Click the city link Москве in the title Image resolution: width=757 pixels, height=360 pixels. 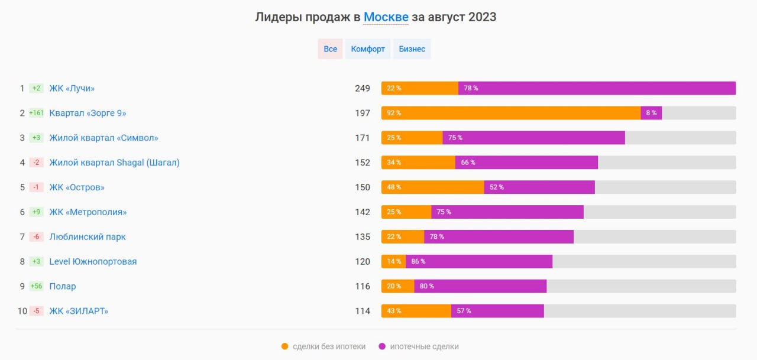pos(386,17)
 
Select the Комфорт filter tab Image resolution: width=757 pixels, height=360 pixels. pos(368,49)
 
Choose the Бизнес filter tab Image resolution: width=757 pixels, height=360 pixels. pos(412,49)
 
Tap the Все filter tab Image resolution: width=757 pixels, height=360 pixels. pos(330,49)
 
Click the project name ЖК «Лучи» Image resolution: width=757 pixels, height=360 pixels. pos(72,88)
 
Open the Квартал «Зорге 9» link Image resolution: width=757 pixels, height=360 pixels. pos(88,113)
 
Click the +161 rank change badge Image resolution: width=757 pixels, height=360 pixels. pos(37,113)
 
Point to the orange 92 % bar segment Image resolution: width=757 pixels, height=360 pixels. pos(511,113)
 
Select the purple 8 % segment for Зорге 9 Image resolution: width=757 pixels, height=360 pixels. pos(651,113)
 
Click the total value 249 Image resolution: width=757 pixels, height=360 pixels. pos(363,88)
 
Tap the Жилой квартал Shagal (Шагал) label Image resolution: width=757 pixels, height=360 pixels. pos(114,163)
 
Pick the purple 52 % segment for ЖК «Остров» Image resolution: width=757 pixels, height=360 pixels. pos(539,187)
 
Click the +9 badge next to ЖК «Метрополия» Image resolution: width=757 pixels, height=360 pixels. pos(37,212)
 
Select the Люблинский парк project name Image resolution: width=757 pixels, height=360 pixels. pos(88,237)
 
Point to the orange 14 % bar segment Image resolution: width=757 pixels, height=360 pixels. pos(393,262)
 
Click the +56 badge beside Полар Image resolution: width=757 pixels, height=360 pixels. pos(37,287)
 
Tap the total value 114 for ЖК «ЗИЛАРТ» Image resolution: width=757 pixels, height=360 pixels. pos(363,312)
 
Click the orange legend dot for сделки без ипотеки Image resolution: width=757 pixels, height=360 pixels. pos(285,346)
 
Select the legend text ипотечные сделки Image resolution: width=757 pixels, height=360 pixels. pos(424,346)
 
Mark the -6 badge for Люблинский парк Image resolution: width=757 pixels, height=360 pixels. pos(37,237)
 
